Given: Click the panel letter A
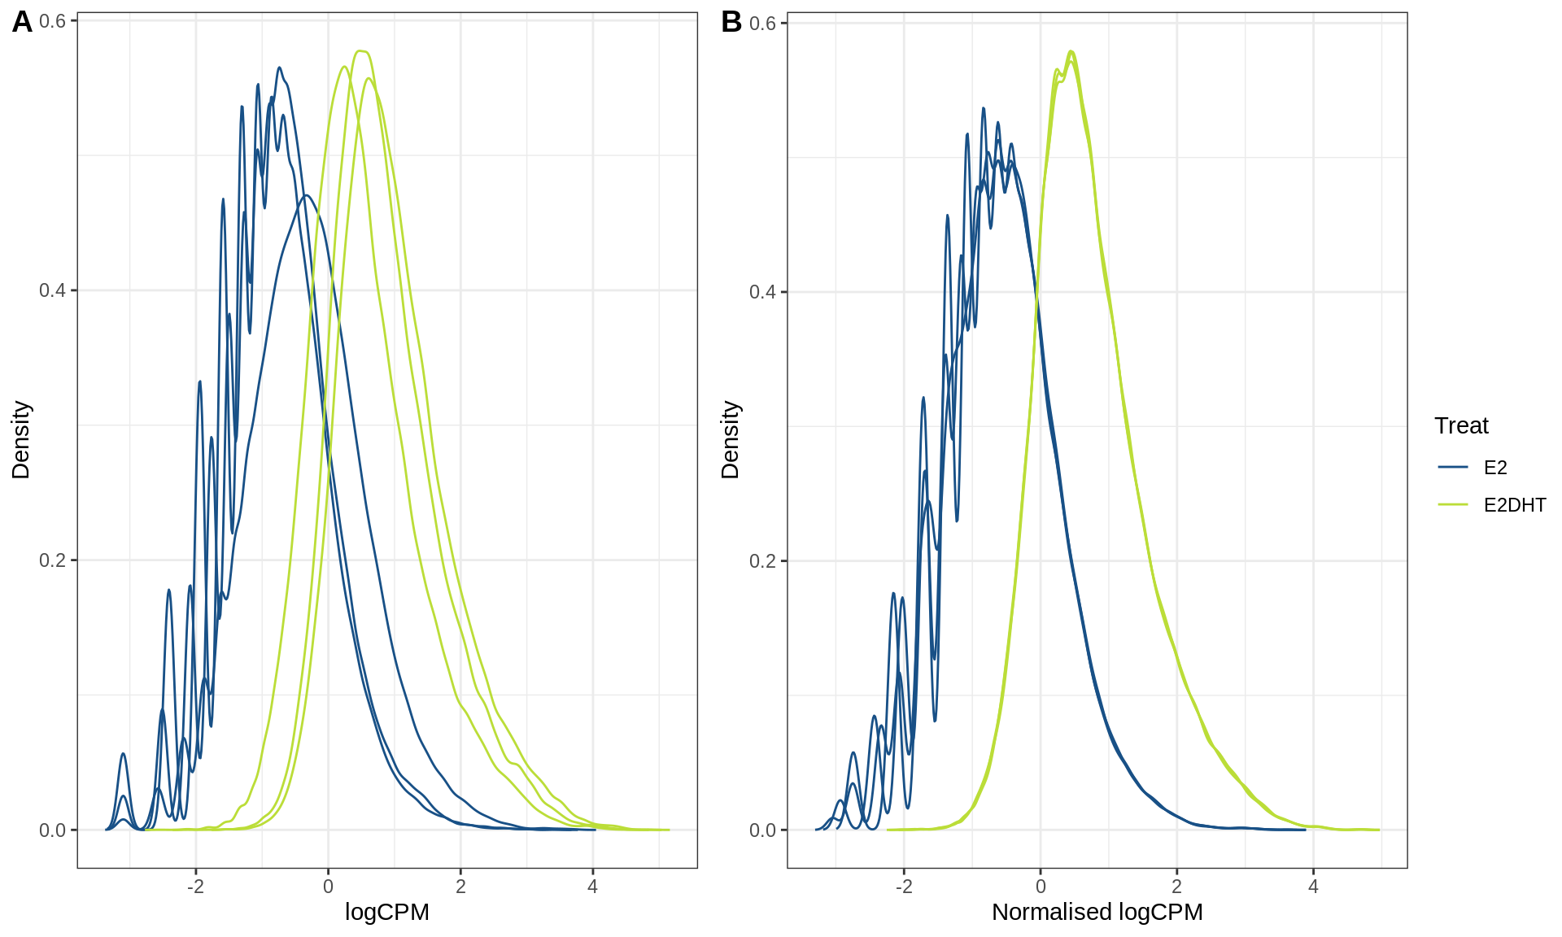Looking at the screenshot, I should click(22, 22).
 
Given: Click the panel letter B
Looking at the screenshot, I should click(731, 22).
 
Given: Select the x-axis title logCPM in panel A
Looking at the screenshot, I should click(386, 912).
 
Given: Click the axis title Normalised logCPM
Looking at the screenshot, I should click(1097, 912).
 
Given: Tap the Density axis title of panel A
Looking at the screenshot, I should click(21, 440).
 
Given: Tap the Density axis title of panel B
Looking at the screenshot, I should click(731, 440).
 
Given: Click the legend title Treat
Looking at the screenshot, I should click(1461, 425).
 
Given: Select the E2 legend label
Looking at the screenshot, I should click(1495, 468).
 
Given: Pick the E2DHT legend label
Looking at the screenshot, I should click(1514, 505).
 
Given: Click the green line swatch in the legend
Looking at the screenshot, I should click(1453, 505).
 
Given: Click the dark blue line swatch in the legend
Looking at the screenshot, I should click(1453, 468).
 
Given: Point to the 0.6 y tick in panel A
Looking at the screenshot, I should click(52, 21).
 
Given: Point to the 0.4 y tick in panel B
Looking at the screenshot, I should click(762, 291).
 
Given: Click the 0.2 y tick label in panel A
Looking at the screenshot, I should click(52, 560).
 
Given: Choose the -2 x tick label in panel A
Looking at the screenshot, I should click(195, 887).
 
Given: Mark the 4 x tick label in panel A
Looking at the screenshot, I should click(592, 887).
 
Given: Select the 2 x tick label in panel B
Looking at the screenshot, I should click(1176, 887).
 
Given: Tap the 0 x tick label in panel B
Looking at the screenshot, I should click(1040, 887).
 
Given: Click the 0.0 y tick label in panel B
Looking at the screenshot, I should click(762, 830).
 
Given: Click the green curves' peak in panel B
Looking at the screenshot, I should click(1071, 53).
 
